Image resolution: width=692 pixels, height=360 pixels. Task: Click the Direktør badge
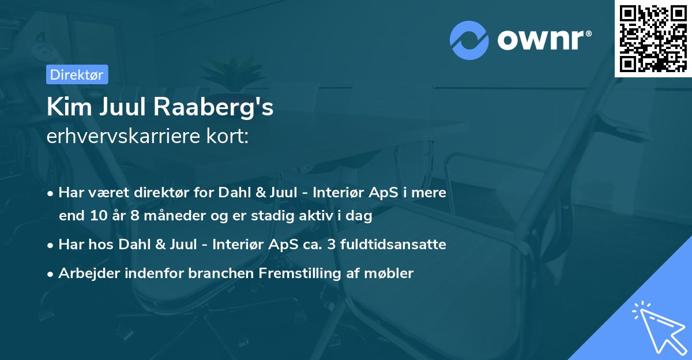coord(76,74)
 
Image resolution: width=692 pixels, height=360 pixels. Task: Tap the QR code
coord(653,38)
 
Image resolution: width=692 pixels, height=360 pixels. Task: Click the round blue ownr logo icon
coord(469,40)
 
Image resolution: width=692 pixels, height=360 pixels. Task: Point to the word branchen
coord(216,273)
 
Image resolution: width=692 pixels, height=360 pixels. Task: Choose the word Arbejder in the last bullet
coord(84,273)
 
